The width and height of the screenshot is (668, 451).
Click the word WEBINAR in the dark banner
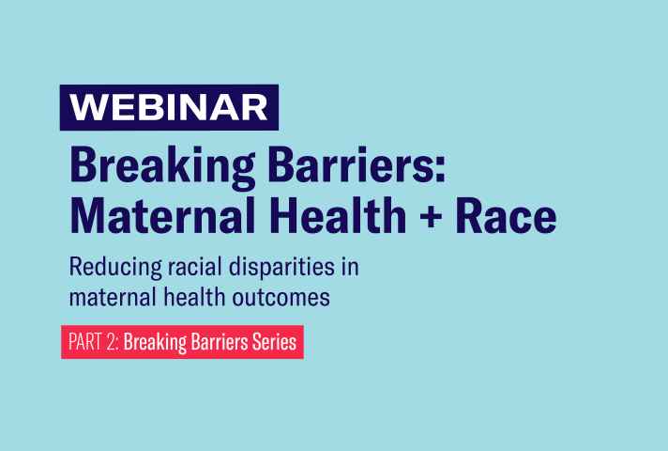(169, 107)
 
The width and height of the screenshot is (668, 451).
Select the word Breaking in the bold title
(162, 167)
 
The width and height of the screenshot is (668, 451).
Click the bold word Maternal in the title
(162, 215)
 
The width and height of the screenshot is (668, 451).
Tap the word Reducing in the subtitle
(115, 268)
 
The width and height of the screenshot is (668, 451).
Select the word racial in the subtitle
(195, 267)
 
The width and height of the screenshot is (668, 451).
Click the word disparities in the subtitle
(281, 268)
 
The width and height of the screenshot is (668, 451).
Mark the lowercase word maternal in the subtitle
(113, 297)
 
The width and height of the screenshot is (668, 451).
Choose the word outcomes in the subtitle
(281, 298)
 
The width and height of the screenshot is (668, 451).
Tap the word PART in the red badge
(85, 342)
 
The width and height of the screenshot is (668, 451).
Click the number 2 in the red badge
(112, 342)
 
